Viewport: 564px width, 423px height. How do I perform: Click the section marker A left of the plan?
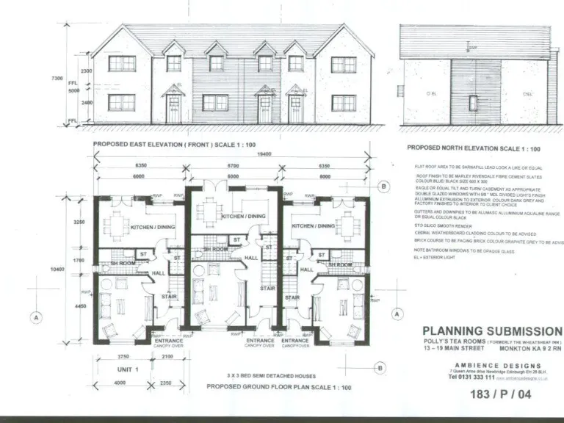point(34,318)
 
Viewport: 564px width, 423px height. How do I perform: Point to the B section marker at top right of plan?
point(384,187)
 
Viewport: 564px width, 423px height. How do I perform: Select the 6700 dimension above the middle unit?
point(234,167)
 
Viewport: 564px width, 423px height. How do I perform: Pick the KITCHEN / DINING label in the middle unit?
point(244,217)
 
